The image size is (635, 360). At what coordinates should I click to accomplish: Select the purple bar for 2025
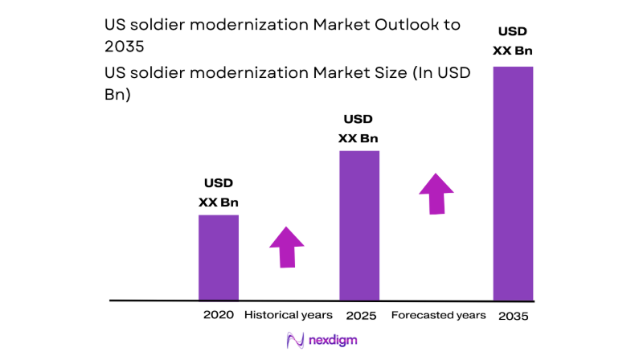click(359, 225)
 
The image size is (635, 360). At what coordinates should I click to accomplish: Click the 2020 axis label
click(219, 315)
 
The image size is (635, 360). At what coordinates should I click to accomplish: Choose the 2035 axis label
click(514, 315)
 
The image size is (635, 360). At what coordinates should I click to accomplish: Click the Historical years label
click(289, 315)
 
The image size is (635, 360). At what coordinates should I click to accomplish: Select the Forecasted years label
click(438, 315)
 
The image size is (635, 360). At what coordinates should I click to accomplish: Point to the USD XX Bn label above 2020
click(219, 194)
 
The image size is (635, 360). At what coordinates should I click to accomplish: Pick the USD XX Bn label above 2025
click(358, 129)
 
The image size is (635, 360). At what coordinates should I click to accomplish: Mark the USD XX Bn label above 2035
click(514, 41)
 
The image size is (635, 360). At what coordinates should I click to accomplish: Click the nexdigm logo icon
click(295, 340)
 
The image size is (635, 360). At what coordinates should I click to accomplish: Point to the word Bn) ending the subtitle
click(118, 94)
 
